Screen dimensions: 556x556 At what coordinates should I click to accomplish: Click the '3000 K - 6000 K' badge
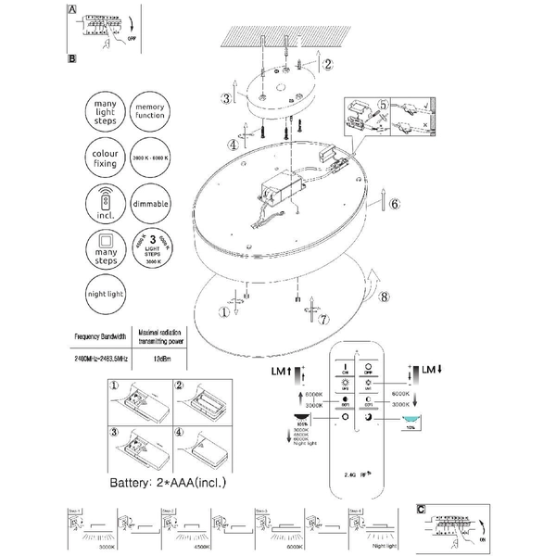point(151,154)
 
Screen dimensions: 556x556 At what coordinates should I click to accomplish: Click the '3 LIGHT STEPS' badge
point(151,246)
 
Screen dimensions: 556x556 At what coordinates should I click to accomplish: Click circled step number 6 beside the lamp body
point(393,204)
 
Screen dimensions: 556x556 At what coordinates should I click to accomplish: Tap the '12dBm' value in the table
point(162,358)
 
